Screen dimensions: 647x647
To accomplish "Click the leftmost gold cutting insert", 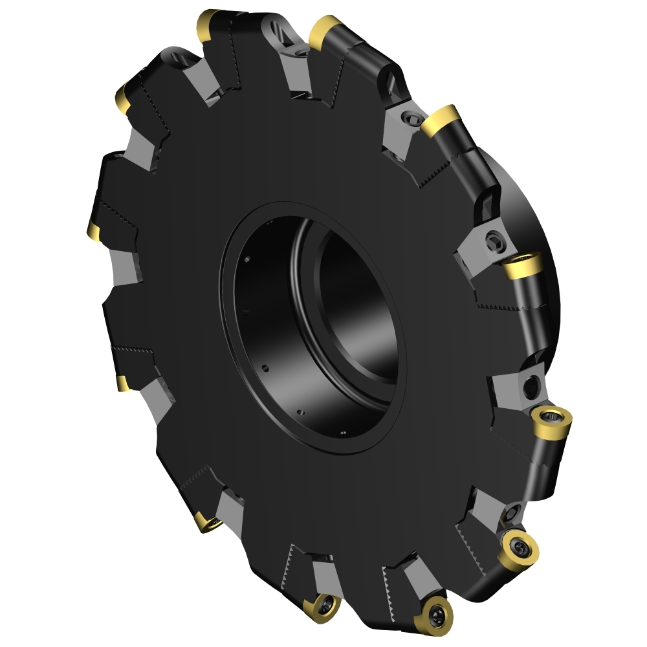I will click(x=93, y=228).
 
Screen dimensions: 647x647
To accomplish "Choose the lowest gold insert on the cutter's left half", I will click(x=207, y=521).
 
